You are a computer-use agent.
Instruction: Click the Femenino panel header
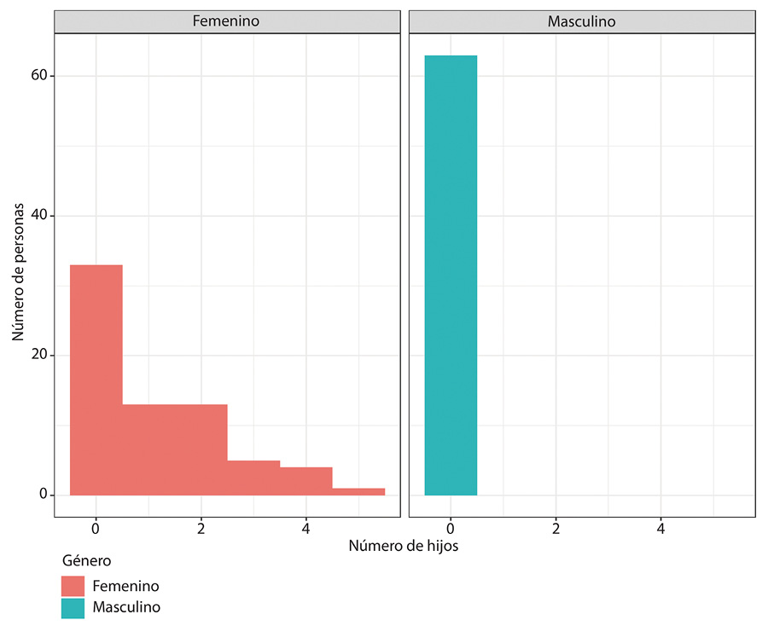pyautogui.click(x=226, y=21)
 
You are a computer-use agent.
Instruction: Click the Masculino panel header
pyautogui.click(x=581, y=21)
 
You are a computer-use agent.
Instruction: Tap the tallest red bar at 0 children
pyautogui.click(x=96, y=380)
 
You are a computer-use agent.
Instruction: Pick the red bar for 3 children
pyautogui.click(x=253, y=478)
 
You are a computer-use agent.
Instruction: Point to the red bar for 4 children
pyautogui.click(x=306, y=481)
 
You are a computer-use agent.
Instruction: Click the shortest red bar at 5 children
pyautogui.click(x=358, y=491)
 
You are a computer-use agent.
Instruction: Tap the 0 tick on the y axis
pyautogui.click(x=40, y=495)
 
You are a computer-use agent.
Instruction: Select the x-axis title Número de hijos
pyautogui.click(x=404, y=547)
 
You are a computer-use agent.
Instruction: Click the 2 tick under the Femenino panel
pyautogui.click(x=201, y=527)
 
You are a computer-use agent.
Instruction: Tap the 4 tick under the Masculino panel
pyautogui.click(x=660, y=527)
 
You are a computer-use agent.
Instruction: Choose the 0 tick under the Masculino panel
pyautogui.click(x=451, y=527)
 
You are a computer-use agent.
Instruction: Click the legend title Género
pyautogui.click(x=86, y=561)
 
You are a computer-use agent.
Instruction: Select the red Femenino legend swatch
pyautogui.click(x=73, y=586)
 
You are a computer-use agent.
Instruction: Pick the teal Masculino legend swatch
pyautogui.click(x=73, y=607)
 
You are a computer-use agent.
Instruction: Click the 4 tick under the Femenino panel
pyautogui.click(x=305, y=527)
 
